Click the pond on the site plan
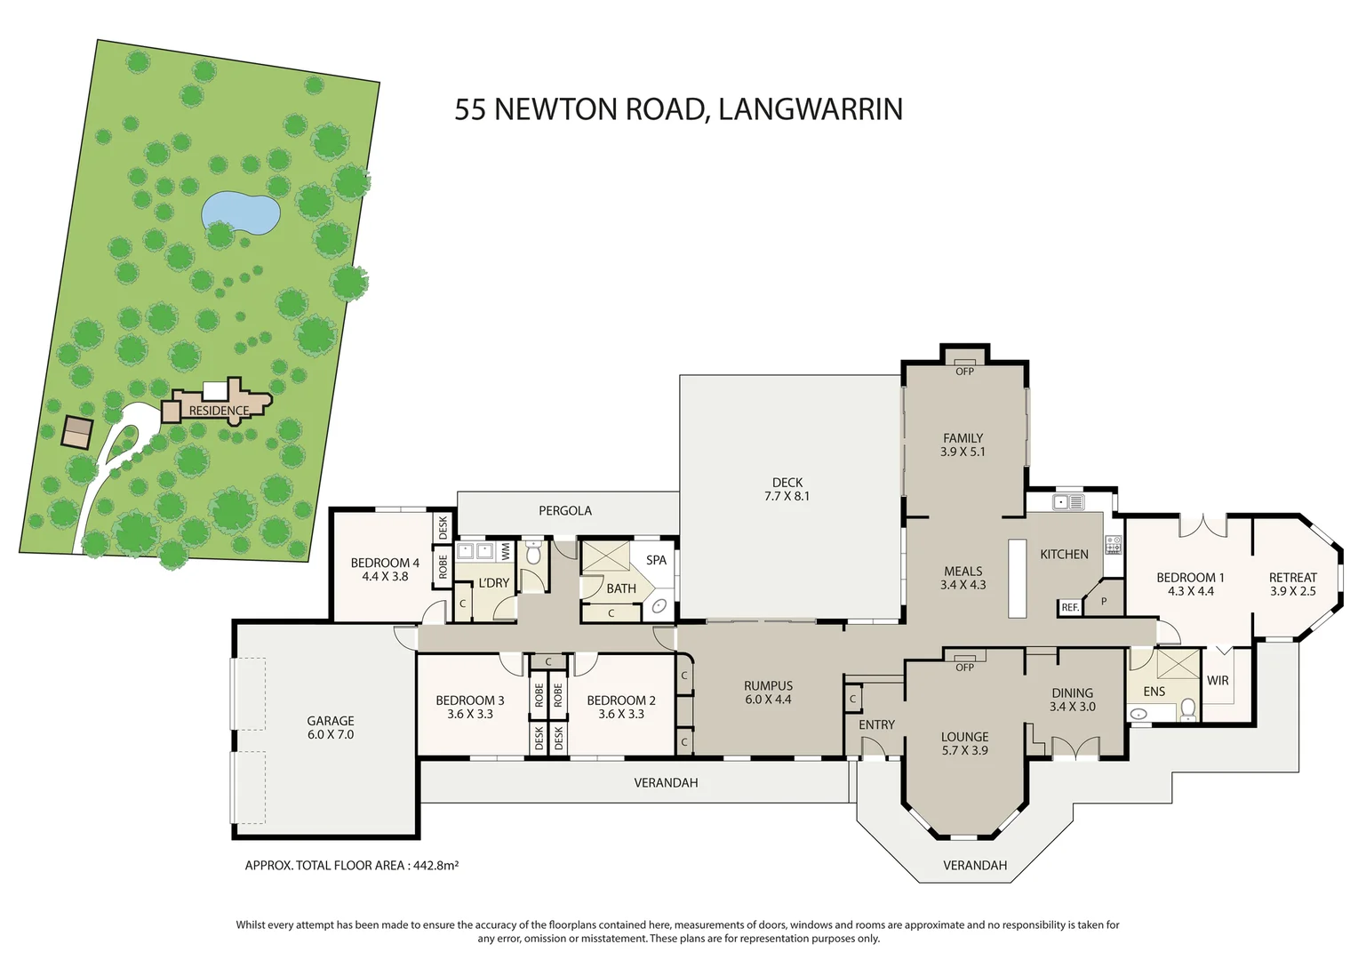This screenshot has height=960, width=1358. point(241,213)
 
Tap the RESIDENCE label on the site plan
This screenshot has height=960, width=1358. point(219,411)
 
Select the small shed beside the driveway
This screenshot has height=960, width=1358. point(77,432)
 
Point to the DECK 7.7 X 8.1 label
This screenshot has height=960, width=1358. point(787,489)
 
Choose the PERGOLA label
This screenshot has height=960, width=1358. point(565,510)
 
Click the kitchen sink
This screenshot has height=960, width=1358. point(1068,502)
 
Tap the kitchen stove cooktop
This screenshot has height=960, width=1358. point(1113,545)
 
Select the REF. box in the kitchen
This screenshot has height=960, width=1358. point(1070,607)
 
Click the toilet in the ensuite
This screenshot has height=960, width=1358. point(1188,709)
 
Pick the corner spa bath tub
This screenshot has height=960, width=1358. point(659,605)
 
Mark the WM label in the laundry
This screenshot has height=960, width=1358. point(507,551)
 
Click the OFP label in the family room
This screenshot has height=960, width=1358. point(964,372)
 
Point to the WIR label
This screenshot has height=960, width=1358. point(1218,680)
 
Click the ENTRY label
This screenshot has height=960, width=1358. point(876,724)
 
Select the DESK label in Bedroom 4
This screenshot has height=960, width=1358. point(443,528)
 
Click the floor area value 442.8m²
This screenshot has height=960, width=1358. point(435,866)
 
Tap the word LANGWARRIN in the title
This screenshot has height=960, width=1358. point(811,109)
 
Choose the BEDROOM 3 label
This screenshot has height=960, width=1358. point(470,700)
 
